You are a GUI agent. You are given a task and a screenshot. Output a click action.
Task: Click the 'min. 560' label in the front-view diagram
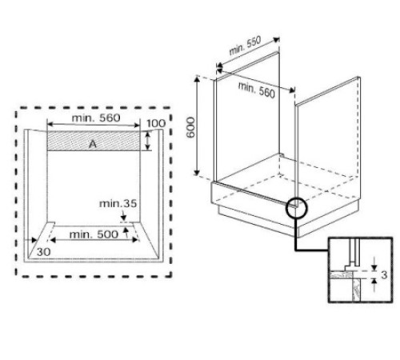click(x=97, y=118)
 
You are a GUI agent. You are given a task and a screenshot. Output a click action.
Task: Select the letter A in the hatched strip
click(x=93, y=143)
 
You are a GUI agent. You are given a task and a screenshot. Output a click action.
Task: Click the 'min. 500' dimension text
click(x=93, y=234)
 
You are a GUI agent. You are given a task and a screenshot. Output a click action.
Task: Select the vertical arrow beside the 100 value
click(x=149, y=142)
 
